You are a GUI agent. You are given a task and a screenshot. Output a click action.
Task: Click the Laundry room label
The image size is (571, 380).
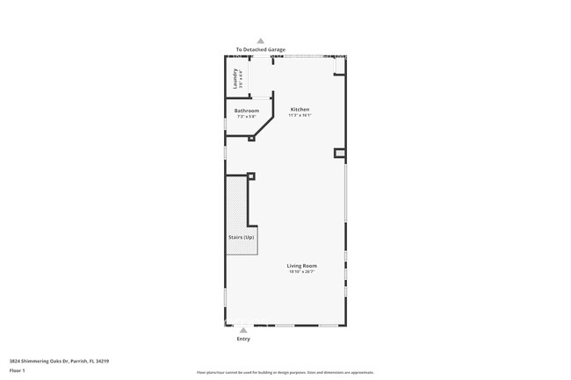[235, 79]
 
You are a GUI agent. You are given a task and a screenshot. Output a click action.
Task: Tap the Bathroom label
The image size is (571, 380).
[247, 111]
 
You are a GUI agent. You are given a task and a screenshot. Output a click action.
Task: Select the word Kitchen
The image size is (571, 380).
[300, 110]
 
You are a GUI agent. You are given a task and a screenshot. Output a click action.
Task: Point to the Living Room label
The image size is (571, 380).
[301, 265]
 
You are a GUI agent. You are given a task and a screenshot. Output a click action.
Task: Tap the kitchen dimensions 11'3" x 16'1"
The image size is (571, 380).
[300, 116]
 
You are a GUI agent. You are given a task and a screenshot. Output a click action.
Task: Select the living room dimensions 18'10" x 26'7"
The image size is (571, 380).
[301, 272]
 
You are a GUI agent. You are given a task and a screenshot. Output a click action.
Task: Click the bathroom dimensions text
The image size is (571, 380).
[247, 117]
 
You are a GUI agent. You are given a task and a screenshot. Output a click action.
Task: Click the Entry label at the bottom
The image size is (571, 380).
[243, 339]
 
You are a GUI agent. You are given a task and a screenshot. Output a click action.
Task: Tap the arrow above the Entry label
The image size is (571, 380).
[243, 331]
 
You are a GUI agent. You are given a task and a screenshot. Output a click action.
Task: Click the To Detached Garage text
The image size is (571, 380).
[260, 50]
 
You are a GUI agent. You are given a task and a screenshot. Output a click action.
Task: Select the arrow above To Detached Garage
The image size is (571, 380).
[260, 40]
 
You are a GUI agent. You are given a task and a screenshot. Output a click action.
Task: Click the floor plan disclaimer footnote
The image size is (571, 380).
[285, 373]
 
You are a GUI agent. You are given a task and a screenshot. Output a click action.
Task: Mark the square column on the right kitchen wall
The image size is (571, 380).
[339, 154]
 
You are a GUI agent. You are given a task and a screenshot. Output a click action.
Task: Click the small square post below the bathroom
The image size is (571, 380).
[252, 137]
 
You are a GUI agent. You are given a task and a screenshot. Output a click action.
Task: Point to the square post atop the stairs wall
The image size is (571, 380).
[251, 176]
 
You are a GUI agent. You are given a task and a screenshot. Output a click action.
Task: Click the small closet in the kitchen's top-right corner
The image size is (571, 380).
[341, 67]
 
